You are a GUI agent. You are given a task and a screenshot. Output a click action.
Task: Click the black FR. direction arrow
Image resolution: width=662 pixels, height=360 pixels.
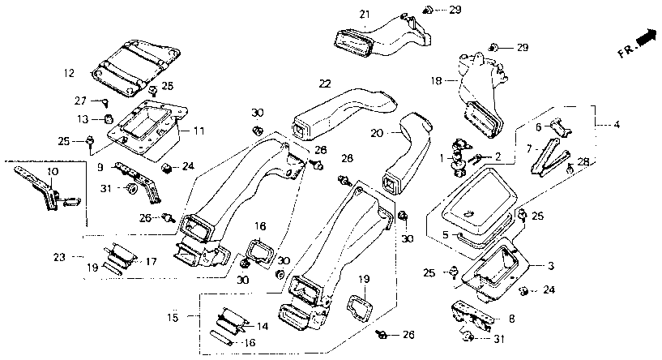[x=647, y=36]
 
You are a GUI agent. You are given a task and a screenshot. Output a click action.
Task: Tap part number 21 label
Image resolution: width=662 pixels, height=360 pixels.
[x=365, y=15]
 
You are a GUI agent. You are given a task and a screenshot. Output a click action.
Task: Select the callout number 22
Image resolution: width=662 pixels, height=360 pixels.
[x=325, y=84]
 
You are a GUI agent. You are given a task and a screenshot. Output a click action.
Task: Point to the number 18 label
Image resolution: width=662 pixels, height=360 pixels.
[x=437, y=80]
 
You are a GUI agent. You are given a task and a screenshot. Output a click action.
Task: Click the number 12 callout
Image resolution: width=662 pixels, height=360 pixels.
[x=69, y=73]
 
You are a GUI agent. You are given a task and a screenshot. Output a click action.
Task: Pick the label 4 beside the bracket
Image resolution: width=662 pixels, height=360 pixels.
[x=617, y=125]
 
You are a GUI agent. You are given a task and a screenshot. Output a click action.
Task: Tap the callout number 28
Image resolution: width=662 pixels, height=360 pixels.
[x=583, y=161]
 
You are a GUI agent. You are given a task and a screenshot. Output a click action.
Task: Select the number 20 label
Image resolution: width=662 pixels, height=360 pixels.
[x=377, y=133]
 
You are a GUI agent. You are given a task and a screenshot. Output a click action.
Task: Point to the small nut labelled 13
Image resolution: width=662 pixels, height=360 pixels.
[x=108, y=119]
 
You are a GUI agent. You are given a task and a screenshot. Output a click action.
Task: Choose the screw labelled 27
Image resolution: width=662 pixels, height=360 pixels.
[x=105, y=102]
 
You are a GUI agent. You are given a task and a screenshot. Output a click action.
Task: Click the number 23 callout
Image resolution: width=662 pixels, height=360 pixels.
[x=60, y=257]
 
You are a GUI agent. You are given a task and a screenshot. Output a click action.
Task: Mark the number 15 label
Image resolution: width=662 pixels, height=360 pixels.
[x=173, y=317]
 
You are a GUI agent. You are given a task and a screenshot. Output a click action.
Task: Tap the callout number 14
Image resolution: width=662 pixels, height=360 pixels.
[x=263, y=326]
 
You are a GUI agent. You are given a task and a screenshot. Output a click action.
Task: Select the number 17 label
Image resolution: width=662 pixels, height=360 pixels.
[x=152, y=262]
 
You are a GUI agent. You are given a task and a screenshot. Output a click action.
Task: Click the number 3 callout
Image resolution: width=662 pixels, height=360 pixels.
[x=550, y=266]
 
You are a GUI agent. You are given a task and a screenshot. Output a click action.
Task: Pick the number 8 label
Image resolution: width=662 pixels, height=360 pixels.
[x=512, y=318]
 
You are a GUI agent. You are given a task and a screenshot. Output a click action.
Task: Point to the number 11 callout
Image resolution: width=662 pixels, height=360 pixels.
[x=199, y=131]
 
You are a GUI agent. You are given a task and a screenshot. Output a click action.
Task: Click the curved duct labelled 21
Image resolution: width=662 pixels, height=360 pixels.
[x=382, y=37]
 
